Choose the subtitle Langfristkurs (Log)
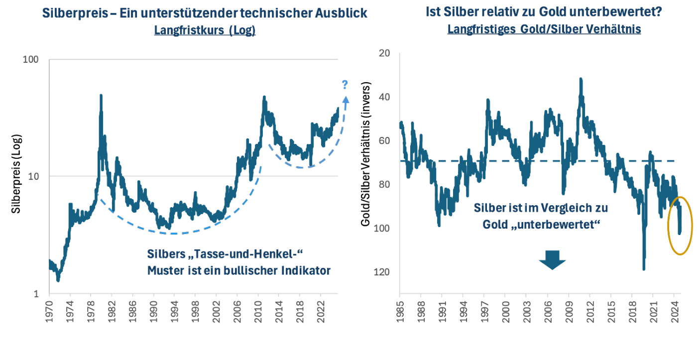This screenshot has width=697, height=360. point(205,30)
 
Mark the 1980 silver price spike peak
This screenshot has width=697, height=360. point(101,96)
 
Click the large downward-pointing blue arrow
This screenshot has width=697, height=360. point(552,259)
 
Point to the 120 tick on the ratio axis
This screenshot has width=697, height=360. point(385,272)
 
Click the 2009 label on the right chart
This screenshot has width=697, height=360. point(569,311)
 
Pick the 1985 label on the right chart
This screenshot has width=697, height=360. point(400,311)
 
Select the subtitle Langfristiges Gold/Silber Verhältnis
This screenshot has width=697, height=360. point(544,29)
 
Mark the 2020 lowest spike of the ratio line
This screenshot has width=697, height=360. point(644,269)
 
